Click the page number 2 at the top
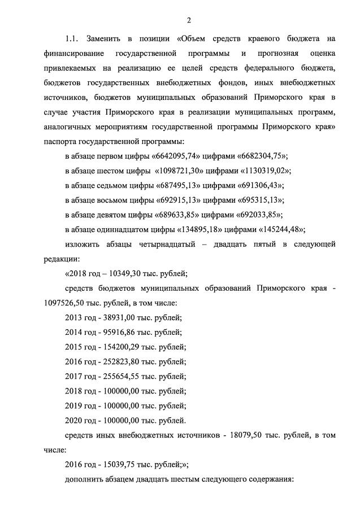pyautogui.click(x=189, y=20)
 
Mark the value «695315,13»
pyautogui.click(x=259, y=200)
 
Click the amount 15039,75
pyautogui.click(x=120, y=465)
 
